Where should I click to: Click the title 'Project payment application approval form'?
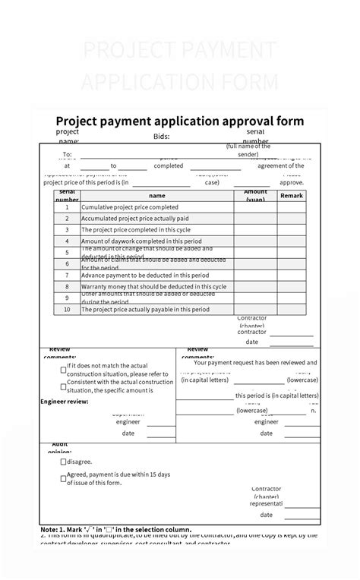[180, 121]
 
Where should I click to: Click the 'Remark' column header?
[292, 195]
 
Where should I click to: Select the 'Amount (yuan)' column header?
[255, 195]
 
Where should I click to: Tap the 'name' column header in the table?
[156, 195]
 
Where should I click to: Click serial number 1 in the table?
[67, 206]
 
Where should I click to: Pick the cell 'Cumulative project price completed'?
[130, 206]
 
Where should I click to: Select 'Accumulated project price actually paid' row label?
[134, 218]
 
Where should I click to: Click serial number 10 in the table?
[67, 309]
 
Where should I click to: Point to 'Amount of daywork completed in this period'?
[141, 241]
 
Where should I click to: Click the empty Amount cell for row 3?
[255, 229]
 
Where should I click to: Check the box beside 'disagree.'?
[63, 462]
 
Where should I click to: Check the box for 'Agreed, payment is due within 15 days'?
[63, 479]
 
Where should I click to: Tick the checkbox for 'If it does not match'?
[63, 370]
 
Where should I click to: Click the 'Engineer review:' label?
[65, 401]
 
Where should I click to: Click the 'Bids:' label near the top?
[161, 137]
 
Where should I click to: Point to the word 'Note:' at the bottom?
[49, 529]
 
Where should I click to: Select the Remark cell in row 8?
[292, 286]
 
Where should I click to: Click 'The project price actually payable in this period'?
[145, 309]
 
